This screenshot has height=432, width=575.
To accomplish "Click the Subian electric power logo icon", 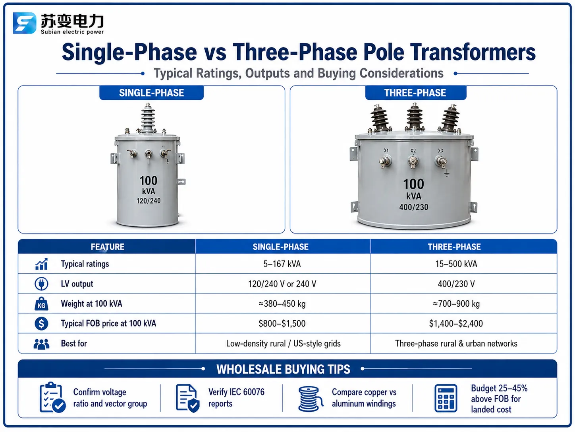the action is pyautogui.click(x=24, y=23).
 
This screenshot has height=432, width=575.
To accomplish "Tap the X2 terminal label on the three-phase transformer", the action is pyautogui.click(x=413, y=150).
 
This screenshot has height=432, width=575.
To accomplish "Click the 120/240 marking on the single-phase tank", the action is pyautogui.click(x=148, y=201).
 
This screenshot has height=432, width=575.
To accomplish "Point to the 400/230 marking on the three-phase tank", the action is pyautogui.click(x=414, y=207).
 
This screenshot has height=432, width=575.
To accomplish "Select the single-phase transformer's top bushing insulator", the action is pyautogui.click(x=148, y=117).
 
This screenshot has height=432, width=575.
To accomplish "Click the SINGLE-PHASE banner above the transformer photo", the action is pyautogui.click(x=151, y=93).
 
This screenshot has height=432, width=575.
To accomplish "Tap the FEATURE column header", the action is pyautogui.click(x=107, y=247).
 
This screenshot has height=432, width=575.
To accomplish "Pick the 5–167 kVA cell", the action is pyautogui.click(x=282, y=264).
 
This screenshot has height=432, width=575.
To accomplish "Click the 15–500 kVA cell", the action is pyautogui.click(x=456, y=264).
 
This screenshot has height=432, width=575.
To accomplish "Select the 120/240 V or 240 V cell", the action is pyautogui.click(x=282, y=284).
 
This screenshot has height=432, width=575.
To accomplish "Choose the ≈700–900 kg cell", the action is pyautogui.click(x=456, y=304).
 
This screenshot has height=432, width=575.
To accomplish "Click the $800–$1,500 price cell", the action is pyautogui.click(x=282, y=324).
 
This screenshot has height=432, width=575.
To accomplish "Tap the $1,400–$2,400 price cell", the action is pyautogui.click(x=456, y=324).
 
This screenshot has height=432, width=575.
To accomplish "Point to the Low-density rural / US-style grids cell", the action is pyautogui.click(x=283, y=344).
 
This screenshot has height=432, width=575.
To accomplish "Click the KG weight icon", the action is pyautogui.click(x=41, y=304).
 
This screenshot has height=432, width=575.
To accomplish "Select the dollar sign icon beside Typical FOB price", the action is pyautogui.click(x=41, y=323).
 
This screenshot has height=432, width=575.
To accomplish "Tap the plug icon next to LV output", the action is pyautogui.click(x=41, y=284).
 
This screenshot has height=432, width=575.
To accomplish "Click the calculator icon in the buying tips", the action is pyautogui.click(x=446, y=399).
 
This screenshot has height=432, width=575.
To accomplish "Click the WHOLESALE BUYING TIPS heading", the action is pyautogui.click(x=283, y=369).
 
